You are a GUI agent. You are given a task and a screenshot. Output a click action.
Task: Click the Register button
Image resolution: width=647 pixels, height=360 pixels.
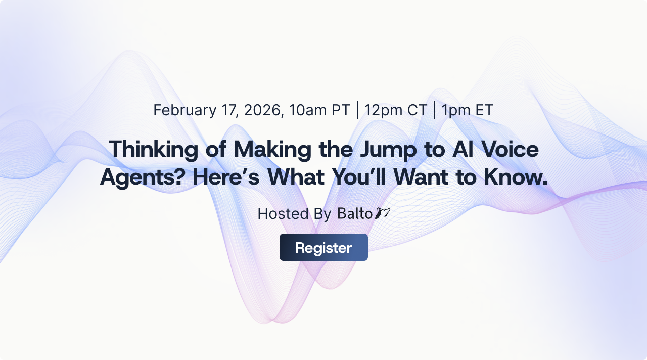(323, 248)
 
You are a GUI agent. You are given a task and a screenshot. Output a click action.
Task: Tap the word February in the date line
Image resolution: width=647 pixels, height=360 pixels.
(185, 110)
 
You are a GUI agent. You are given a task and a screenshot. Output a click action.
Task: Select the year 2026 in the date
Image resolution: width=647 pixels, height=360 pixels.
(264, 110)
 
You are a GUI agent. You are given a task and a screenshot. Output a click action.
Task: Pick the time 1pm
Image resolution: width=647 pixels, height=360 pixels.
(454, 110)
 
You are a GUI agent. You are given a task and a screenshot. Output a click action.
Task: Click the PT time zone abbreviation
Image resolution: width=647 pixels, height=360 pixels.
(341, 110)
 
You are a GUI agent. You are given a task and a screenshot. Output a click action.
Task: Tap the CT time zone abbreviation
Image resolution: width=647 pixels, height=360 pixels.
(417, 110)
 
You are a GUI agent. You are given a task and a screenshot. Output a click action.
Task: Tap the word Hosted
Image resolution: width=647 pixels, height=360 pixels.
(283, 214)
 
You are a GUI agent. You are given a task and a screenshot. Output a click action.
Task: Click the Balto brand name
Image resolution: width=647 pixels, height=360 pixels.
(355, 214)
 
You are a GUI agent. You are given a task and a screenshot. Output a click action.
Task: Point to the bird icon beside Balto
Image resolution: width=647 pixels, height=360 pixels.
(382, 213)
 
